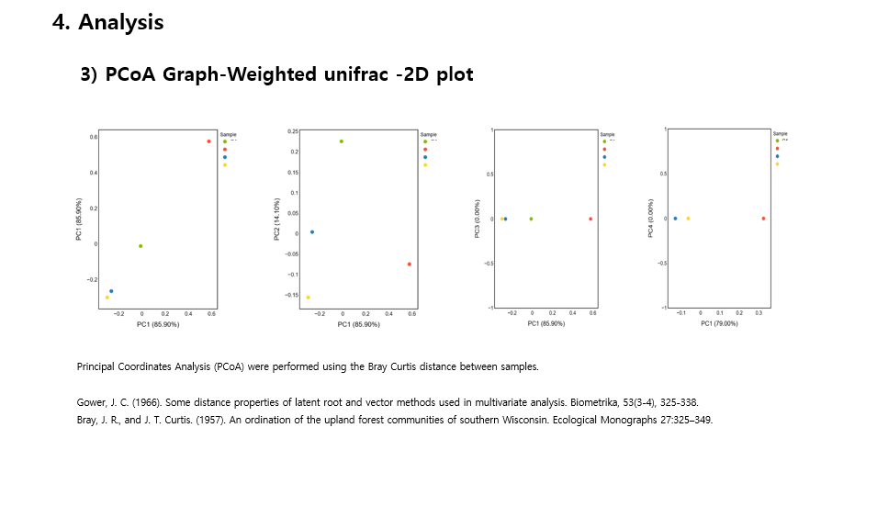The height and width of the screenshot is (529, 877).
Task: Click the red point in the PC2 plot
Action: (x=409, y=264)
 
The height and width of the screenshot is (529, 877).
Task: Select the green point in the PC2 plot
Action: (x=342, y=141)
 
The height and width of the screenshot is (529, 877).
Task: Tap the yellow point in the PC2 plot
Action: (x=308, y=297)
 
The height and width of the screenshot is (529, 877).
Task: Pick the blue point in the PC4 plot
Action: (x=675, y=219)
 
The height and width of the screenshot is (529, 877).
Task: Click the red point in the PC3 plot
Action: (x=590, y=219)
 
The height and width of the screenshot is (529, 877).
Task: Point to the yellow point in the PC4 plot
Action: (x=688, y=219)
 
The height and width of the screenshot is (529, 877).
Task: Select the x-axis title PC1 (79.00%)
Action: (x=720, y=323)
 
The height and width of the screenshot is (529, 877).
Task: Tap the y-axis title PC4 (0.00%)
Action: (x=651, y=221)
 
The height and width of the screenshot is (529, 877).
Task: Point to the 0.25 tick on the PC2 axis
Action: (x=292, y=131)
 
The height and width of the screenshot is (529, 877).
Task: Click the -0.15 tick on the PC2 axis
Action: (x=291, y=295)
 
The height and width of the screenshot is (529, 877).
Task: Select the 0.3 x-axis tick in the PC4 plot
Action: (x=759, y=313)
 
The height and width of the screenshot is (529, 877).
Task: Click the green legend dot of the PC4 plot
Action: (x=777, y=141)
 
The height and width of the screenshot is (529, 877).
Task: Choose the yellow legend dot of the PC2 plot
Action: (x=425, y=165)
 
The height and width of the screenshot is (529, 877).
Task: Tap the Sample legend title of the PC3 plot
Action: (x=608, y=134)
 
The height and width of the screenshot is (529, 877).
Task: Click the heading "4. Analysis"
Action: (x=108, y=23)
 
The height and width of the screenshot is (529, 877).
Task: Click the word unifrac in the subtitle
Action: (x=354, y=74)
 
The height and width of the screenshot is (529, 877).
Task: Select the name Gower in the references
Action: (x=91, y=402)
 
